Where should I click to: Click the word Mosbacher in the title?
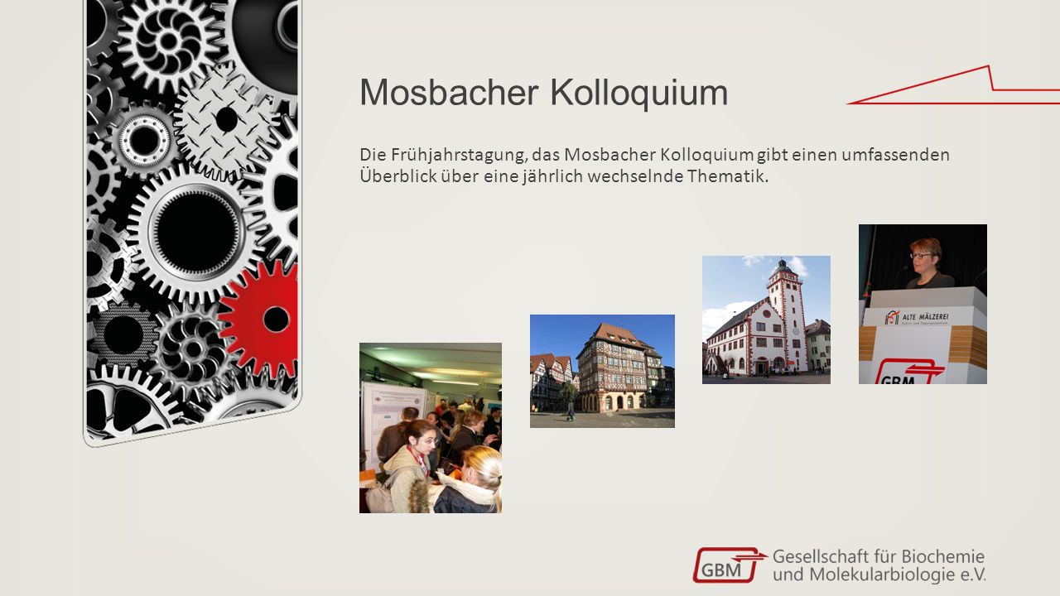coord(449,92)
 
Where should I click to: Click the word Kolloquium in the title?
coord(638,94)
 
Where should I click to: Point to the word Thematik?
coord(728,176)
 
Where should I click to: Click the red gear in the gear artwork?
coord(261,319)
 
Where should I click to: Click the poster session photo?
coord(431,428)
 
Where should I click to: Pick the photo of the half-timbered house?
coord(602,372)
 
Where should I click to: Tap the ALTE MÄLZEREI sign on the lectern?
coord(917,317)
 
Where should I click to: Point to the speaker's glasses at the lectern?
coord(920,256)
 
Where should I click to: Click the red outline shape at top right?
coord(953,85)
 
